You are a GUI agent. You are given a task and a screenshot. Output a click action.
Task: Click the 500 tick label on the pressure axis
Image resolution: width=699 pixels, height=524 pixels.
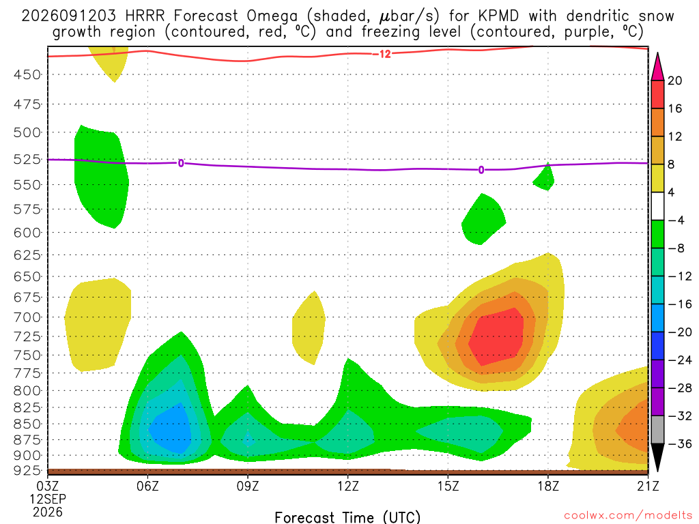tap(27, 133)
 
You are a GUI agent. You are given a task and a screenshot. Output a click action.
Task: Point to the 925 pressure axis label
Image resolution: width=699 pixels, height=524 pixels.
tap(27, 471)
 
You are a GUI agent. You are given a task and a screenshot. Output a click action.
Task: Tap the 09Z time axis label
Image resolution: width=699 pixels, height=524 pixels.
tap(248, 486)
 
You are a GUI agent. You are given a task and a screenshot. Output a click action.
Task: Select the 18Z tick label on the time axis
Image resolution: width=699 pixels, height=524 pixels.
tap(548, 486)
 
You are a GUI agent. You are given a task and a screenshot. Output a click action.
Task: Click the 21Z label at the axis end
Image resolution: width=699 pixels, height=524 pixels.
tap(648, 486)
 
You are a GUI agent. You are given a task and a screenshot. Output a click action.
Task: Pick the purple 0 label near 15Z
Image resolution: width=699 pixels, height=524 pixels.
tap(481, 170)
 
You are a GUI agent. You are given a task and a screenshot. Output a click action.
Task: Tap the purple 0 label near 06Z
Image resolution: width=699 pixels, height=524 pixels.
tap(180, 163)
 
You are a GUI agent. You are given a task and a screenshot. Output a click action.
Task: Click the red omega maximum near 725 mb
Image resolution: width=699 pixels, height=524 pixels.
tap(496, 337)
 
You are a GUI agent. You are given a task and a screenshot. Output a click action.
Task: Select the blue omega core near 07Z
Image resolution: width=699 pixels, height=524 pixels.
tap(171, 428)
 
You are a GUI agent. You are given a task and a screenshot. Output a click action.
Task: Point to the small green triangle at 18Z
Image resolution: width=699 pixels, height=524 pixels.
tap(545, 178)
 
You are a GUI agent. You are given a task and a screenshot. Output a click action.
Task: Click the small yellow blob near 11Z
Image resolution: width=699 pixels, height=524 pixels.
tap(309, 327)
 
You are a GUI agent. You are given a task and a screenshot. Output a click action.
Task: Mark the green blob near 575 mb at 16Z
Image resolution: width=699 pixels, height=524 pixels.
tap(483, 220)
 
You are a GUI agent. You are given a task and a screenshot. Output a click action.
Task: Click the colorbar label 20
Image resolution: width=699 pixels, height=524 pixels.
tap(675, 81)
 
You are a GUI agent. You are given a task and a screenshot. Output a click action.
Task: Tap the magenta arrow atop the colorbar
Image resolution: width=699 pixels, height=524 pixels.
tap(657, 68)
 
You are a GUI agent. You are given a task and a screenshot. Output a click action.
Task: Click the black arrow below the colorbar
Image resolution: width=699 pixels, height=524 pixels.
tap(657, 457)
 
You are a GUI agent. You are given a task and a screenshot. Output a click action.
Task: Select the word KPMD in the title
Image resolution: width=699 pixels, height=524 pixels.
tap(498, 16)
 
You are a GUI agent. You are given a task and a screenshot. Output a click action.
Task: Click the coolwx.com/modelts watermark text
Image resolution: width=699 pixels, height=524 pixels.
tap(627, 516)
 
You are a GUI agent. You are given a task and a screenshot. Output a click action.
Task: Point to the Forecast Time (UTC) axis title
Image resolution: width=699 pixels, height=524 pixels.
tap(347, 517)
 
